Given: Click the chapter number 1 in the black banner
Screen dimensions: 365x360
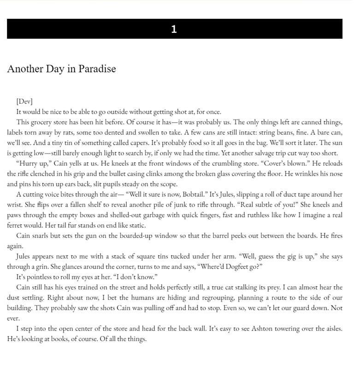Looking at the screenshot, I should pos(174,29).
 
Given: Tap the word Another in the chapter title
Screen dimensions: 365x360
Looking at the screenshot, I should pos(24,69).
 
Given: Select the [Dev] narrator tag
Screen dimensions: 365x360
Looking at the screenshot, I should pos(24,101).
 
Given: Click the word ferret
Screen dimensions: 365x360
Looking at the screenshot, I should pos(17,225).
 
